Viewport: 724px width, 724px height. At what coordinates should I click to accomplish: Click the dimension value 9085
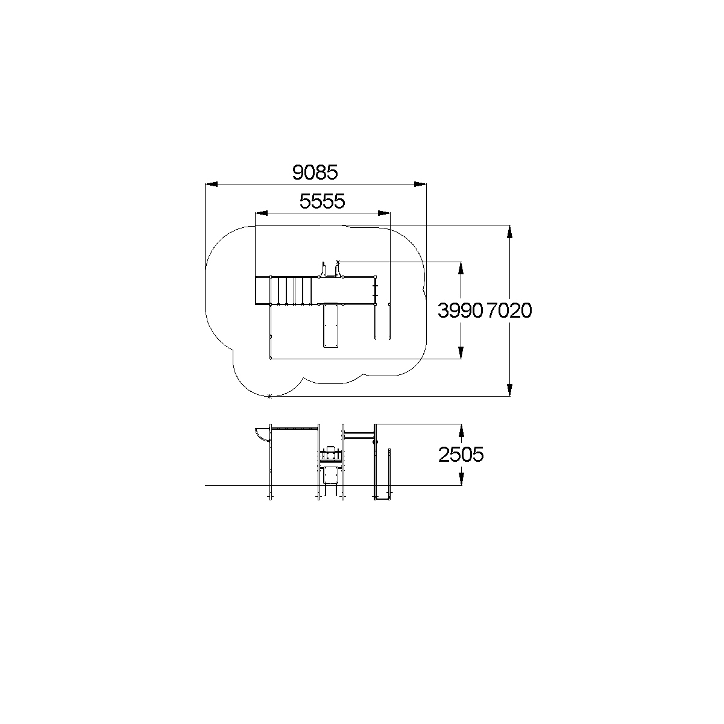(x=315, y=172)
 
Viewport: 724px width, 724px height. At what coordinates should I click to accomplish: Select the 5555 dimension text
(x=322, y=201)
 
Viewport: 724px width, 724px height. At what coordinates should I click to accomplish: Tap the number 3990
(x=460, y=310)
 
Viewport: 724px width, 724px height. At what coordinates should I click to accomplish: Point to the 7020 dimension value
(x=509, y=310)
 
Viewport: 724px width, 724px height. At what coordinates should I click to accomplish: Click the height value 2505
(x=461, y=455)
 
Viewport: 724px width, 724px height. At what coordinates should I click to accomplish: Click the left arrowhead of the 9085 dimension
(x=212, y=184)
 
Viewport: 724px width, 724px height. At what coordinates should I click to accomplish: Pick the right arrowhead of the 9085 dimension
(x=420, y=184)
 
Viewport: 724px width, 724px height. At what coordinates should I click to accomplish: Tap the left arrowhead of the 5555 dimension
(x=262, y=213)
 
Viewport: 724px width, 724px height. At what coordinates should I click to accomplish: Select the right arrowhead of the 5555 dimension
(x=384, y=213)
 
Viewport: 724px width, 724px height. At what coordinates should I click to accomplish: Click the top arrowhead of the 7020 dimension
(x=509, y=231)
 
